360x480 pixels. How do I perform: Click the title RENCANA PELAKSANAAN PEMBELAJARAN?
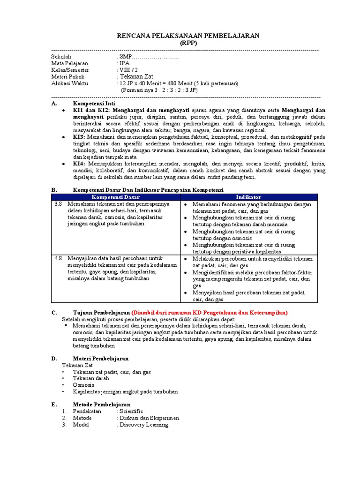pyautogui.click(x=187, y=36)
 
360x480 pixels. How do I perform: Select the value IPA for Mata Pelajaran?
pyautogui.click(x=125, y=63)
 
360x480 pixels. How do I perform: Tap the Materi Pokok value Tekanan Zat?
pyautogui.click(x=136, y=76)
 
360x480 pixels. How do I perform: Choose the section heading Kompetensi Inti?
pyautogui.click(x=94, y=103)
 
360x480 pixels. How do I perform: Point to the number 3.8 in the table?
pyautogui.click(x=58, y=204)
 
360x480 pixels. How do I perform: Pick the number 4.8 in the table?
pyautogui.click(x=58, y=258)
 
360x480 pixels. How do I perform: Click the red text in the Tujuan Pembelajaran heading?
pyautogui.click(x=210, y=312)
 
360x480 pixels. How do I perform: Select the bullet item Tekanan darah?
pyautogui.click(x=91, y=378)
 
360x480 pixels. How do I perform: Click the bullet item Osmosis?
pyautogui.click(x=83, y=385)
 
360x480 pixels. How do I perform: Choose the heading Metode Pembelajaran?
pyautogui.click(x=102, y=405)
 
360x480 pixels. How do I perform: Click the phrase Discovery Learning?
pyautogui.click(x=143, y=425)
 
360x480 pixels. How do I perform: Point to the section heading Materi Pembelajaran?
pyautogui.click(x=100, y=359)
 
